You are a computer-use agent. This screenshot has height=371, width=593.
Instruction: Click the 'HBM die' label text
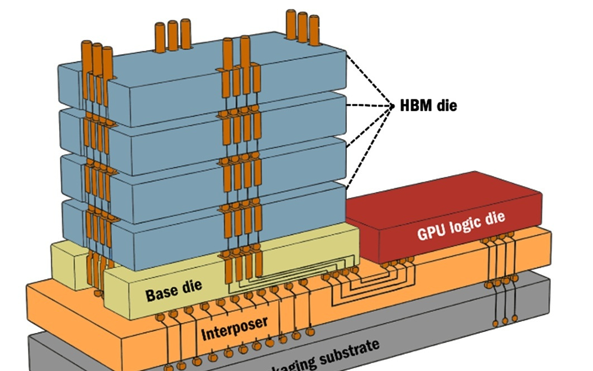coord(428,105)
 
